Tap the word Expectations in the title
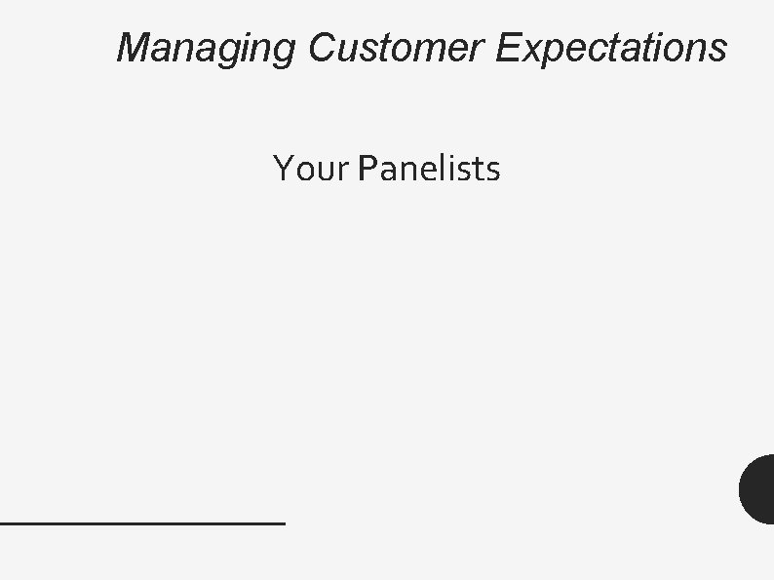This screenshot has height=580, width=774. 610,47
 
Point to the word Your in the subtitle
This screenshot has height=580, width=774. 310,169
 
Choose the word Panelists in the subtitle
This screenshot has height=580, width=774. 429,169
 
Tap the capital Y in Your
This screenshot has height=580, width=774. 284,169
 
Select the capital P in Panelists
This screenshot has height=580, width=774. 368,169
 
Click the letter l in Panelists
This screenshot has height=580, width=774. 439,168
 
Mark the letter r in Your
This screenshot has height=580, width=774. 341,172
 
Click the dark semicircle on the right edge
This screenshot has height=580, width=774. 758,489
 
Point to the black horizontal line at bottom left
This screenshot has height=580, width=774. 142,523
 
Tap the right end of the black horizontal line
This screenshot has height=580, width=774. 283,523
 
